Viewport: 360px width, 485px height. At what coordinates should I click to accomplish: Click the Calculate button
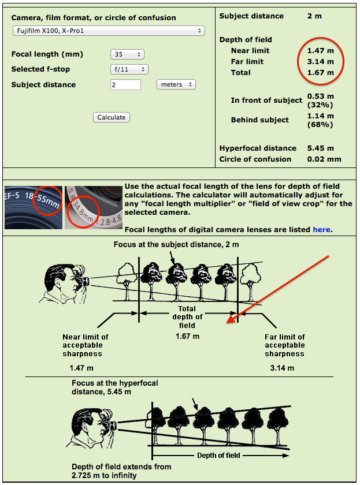click(112, 117)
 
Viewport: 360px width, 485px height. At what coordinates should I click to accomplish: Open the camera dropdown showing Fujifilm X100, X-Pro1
click(109, 31)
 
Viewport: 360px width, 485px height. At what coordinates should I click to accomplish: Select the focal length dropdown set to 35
click(127, 54)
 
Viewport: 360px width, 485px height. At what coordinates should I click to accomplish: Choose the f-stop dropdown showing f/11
click(129, 69)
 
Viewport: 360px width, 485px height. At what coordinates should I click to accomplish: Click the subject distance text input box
click(125, 84)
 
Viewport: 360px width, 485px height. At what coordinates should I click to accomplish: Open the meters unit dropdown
click(176, 84)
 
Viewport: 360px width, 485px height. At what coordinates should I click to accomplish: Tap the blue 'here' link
click(322, 230)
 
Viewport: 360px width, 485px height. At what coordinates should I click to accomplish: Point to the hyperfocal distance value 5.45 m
click(320, 148)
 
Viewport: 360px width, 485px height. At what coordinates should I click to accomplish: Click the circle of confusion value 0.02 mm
click(324, 159)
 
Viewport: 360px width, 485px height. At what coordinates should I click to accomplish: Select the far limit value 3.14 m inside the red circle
click(320, 62)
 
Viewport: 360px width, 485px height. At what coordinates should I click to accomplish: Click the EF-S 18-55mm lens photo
click(34, 207)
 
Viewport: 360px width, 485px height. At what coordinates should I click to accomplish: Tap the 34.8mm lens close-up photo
click(94, 207)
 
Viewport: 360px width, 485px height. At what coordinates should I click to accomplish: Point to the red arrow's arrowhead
click(229, 321)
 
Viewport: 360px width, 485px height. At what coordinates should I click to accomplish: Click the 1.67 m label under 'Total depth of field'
click(188, 336)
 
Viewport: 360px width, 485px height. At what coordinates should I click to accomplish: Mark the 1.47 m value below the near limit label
click(81, 368)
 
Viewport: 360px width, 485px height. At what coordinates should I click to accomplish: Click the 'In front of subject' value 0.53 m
click(320, 96)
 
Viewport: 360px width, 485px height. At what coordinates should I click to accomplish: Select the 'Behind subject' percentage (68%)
click(320, 125)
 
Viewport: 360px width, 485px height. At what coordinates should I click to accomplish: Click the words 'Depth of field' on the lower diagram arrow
click(218, 456)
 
